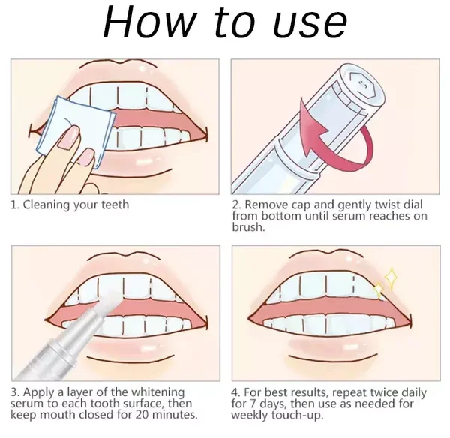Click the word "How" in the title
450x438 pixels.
click(x=149, y=22)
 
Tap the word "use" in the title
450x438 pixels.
click(x=310, y=25)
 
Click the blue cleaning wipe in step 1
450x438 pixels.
click(x=75, y=131)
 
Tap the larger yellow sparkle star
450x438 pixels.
click(x=391, y=277)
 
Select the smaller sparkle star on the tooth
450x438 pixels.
click(x=378, y=289)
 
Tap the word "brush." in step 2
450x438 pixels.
click(x=248, y=227)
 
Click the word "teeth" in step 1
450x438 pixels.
click(x=115, y=205)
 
